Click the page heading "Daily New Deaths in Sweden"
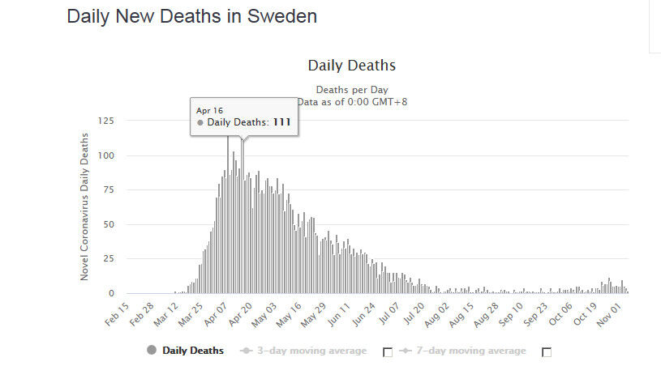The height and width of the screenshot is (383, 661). click(x=191, y=16)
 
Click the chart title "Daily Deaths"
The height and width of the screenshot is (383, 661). click(x=351, y=66)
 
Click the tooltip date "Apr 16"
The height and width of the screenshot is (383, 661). click(x=209, y=110)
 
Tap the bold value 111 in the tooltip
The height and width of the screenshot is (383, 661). click(x=281, y=122)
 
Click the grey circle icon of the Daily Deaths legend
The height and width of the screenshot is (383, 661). click(x=152, y=351)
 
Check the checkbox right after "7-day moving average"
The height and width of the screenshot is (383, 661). click(x=547, y=351)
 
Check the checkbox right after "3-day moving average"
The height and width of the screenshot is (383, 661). click(x=387, y=351)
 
